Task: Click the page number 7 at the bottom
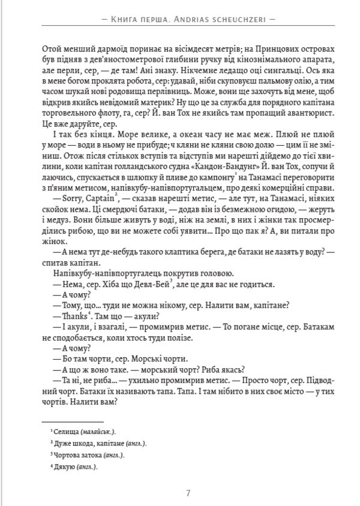tap(188, 493)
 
